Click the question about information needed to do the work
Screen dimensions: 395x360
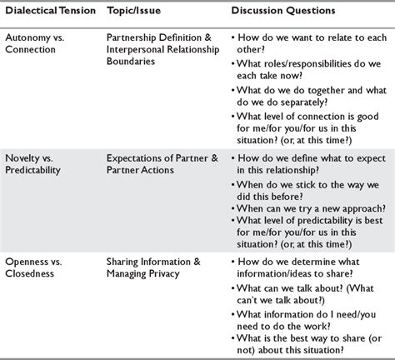click(x=300, y=318)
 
